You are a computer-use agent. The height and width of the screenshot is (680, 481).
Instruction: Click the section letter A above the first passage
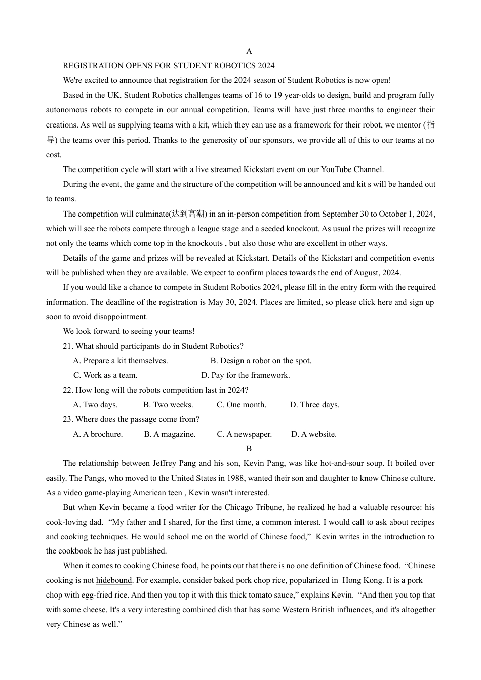(x=249, y=51)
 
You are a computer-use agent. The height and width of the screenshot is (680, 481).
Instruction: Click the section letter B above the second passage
(x=249, y=449)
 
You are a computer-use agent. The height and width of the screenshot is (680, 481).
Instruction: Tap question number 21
(x=68, y=346)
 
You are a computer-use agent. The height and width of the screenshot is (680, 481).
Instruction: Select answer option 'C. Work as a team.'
(x=105, y=375)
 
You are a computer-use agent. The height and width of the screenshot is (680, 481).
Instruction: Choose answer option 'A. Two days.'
(x=95, y=405)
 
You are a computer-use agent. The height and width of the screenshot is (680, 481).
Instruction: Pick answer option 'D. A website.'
(x=314, y=434)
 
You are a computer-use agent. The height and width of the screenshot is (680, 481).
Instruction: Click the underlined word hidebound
(x=114, y=580)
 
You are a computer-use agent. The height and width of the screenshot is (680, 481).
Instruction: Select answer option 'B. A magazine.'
(x=170, y=434)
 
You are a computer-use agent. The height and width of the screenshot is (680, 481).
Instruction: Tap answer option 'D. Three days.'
(x=314, y=405)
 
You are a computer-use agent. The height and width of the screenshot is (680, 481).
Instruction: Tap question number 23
(x=68, y=419)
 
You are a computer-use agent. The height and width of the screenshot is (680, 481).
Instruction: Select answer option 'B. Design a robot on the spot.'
(x=261, y=361)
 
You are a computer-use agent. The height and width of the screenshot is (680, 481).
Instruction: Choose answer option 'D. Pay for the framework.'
(x=246, y=375)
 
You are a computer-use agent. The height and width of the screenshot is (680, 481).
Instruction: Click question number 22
(x=68, y=390)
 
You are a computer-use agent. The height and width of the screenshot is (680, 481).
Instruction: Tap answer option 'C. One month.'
(x=242, y=405)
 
